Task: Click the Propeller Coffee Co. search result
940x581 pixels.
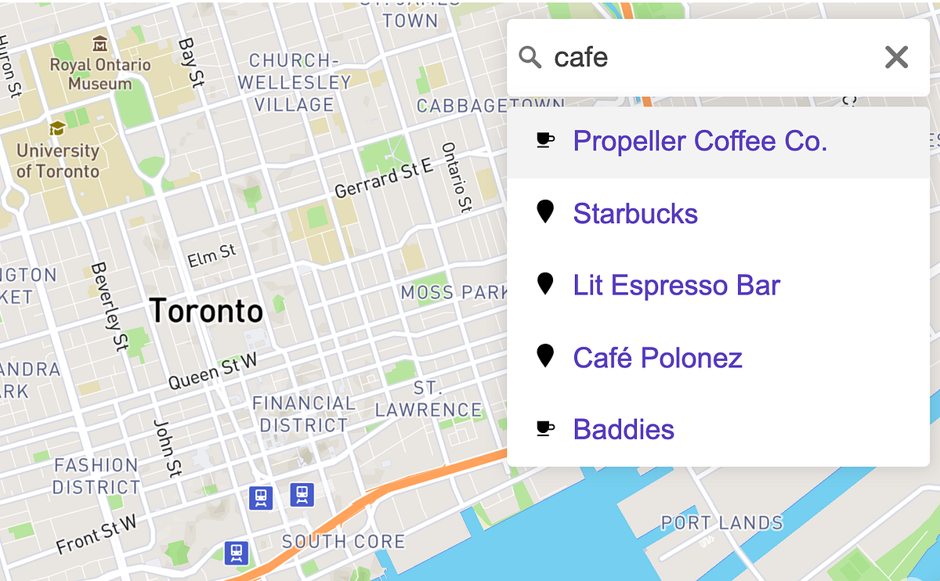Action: [x=700, y=141]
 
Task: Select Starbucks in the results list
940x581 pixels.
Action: [x=635, y=213]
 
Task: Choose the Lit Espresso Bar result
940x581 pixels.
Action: [x=676, y=285]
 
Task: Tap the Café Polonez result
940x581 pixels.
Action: [x=657, y=358]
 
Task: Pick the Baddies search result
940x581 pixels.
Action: [x=624, y=429]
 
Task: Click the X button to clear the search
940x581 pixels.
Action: [x=896, y=57]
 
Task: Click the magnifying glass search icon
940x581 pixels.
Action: [x=530, y=57]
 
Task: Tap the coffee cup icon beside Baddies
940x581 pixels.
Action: [x=545, y=428]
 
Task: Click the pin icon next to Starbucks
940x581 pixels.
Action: [x=545, y=212]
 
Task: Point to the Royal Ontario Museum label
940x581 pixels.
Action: [x=101, y=74]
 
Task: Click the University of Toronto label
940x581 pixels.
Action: [x=58, y=161]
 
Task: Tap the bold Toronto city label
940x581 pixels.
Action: [x=206, y=311]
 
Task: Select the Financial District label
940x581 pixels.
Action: [x=303, y=414]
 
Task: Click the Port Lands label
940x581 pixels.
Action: [x=721, y=522]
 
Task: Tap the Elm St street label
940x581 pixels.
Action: [x=211, y=255]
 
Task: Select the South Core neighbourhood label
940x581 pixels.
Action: [x=343, y=541]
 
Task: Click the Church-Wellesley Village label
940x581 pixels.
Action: [x=295, y=82]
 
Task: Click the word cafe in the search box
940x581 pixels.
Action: [x=581, y=57]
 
